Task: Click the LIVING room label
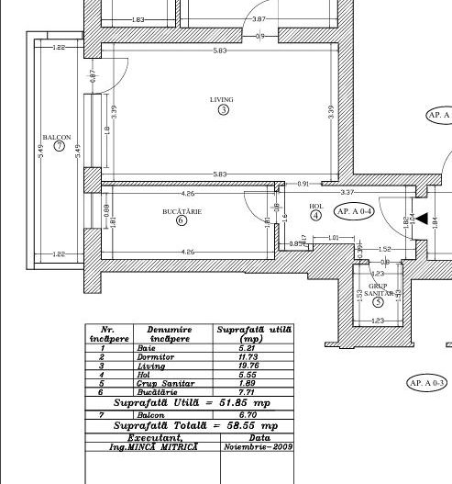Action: pos(222,99)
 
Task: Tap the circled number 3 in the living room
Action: pos(223,110)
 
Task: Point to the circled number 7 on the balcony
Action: pos(60,146)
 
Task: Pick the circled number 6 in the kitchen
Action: pos(182,220)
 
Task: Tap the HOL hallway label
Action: pos(315,206)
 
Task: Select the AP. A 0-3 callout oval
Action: pos(426,382)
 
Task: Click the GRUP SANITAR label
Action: pos(379,289)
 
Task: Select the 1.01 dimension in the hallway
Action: pos(333,238)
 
